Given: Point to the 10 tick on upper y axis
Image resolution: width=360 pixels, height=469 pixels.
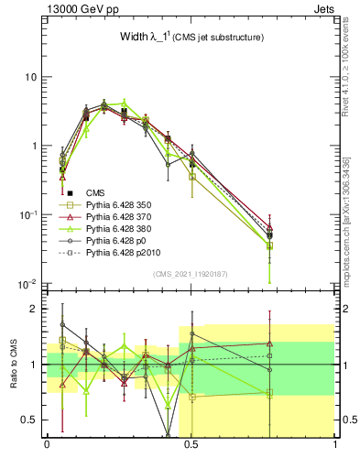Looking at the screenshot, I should pyautogui.click(x=30, y=77).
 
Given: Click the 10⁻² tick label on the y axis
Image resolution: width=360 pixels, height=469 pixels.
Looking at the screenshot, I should pyautogui.click(x=27, y=283).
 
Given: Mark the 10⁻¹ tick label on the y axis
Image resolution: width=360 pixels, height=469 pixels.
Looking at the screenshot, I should pyautogui.click(x=27, y=214).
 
